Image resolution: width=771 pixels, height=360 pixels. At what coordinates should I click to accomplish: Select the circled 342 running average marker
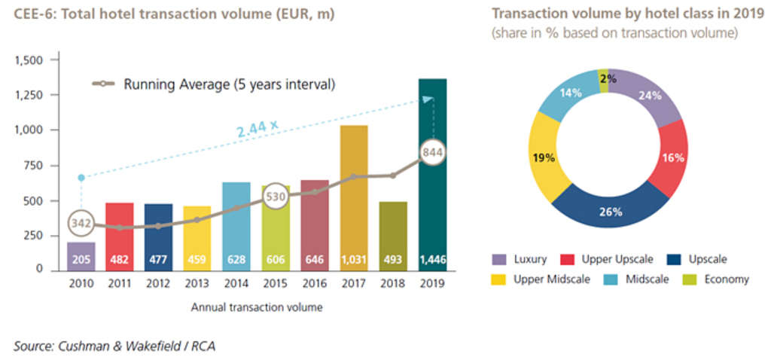tap(81, 224)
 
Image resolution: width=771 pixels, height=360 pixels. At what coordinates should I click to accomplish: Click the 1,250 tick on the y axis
tap(32, 95)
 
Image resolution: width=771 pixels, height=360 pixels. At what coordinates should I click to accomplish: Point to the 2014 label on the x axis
tap(236, 284)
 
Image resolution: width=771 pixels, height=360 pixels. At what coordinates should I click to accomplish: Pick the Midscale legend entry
tap(632, 279)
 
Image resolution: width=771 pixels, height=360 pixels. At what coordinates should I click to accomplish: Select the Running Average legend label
tap(229, 84)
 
